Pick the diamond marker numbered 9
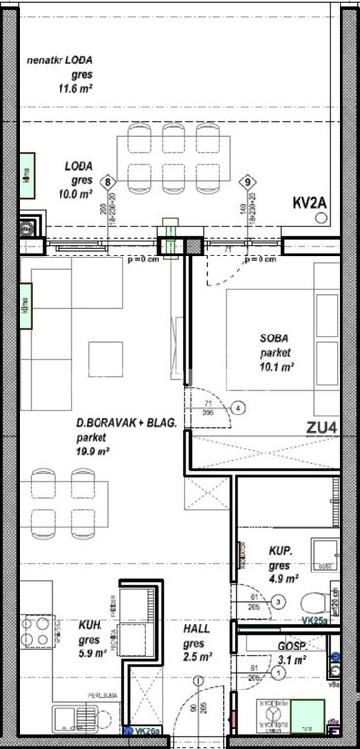pos(248,181)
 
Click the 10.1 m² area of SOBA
pos(277,368)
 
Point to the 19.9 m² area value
pos(94,452)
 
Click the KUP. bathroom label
pos(284,550)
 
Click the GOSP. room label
pos(292,646)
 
